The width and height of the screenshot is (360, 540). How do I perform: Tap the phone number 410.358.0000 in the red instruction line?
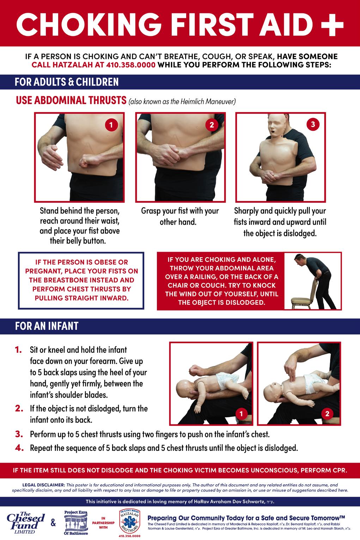point(131,65)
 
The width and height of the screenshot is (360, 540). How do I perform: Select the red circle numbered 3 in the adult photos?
point(313,124)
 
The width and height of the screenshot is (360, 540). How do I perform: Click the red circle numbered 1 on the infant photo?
point(241,414)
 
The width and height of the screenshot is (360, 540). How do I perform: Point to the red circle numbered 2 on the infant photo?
point(327,414)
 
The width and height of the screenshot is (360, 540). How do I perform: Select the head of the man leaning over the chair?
point(299,260)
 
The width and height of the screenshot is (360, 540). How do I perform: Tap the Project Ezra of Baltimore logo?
point(76,523)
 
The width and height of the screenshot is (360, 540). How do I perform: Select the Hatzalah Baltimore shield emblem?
point(129,521)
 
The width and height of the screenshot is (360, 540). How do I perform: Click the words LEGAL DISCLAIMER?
point(44,485)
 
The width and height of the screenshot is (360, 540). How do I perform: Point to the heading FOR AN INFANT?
point(47,326)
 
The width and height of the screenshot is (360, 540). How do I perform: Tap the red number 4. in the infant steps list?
point(19,448)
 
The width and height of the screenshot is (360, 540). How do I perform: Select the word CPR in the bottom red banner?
point(340,470)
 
